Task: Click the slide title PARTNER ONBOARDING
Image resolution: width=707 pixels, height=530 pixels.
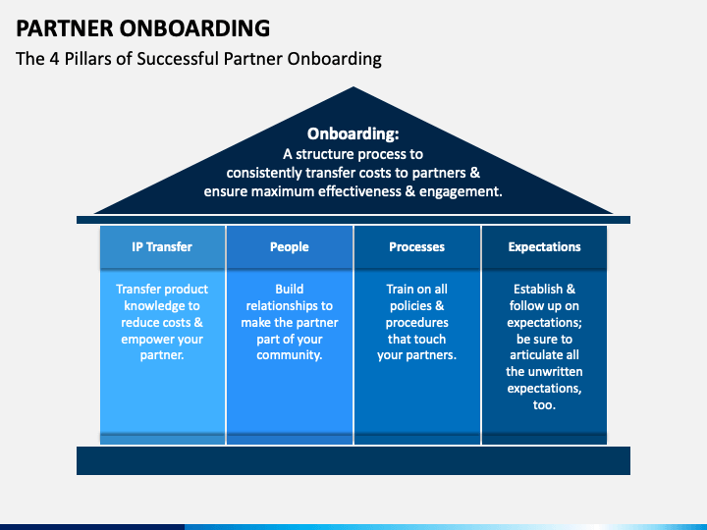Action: pyautogui.click(x=143, y=27)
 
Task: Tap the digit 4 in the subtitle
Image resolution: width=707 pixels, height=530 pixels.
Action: pyautogui.click(x=55, y=59)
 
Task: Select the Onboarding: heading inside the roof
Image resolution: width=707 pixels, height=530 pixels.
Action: pyautogui.click(x=353, y=133)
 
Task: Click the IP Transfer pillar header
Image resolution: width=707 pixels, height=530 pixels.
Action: pyautogui.click(x=162, y=247)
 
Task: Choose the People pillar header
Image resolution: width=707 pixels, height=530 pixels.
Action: pyautogui.click(x=290, y=247)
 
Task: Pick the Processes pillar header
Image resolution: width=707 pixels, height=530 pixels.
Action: pyautogui.click(x=417, y=247)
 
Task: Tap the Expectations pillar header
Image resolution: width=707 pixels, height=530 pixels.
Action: pyautogui.click(x=544, y=247)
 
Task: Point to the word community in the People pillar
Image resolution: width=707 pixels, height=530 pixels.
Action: pyautogui.click(x=290, y=355)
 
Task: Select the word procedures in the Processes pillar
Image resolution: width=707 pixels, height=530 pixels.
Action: pyautogui.click(x=417, y=323)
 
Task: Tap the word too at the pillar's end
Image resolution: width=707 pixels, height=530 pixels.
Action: pyautogui.click(x=544, y=405)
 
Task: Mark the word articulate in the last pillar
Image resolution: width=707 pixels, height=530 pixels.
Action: pyautogui.click(x=536, y=355)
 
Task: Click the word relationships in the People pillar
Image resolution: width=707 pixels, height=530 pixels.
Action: pyautogui.click(x=276, y=306)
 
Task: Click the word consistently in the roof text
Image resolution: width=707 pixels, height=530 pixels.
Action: pyautogui.click(x=264, y=173)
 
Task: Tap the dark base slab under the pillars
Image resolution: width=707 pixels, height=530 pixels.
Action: pyautogui.click(x=353, y=460)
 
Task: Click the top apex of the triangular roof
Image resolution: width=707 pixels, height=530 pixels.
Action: pyautogui.click(x=353, y=87)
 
